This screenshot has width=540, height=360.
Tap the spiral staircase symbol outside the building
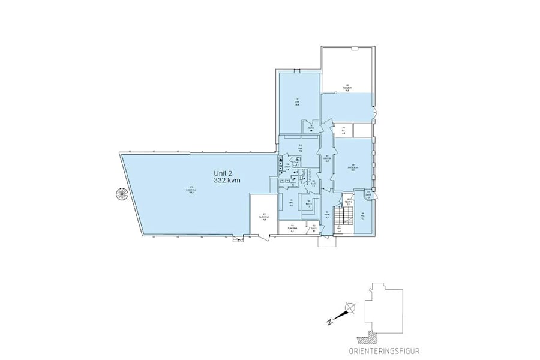122,194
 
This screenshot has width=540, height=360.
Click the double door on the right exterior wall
376,115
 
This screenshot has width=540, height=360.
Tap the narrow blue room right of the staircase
363,217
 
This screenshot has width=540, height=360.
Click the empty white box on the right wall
362,130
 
